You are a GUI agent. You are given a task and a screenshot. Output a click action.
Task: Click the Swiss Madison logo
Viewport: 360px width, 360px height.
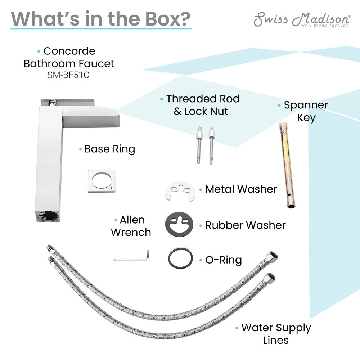(302, 19)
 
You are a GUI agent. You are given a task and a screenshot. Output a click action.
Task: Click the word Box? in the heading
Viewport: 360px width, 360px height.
(168, 19)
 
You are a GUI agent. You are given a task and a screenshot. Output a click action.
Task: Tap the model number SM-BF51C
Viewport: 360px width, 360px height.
(68, 75)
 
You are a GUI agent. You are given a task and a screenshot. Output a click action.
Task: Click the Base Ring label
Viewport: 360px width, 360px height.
(109, 149)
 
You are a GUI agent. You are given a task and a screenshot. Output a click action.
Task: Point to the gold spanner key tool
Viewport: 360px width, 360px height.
(287, 165)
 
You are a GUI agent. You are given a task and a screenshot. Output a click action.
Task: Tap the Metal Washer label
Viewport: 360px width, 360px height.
(241, 189)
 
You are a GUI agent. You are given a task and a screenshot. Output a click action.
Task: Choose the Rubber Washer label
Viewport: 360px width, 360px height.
(246, 225)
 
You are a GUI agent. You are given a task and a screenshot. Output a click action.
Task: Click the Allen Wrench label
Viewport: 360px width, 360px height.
(131, 226)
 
